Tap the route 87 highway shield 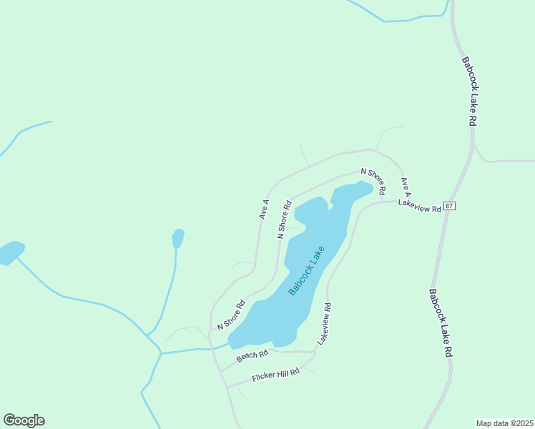tap(449, 206)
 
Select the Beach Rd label tap(252, 354)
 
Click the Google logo tap(24, 420)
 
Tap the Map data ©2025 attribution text tap(504, 423)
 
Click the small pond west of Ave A tap(178, 237)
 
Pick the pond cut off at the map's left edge tap(10, 252)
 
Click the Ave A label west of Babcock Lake tap(264, 209)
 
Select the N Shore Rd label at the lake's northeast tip tap(373, 182)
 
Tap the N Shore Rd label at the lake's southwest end tap(231, 315)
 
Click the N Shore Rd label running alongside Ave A tap(285, 219)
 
